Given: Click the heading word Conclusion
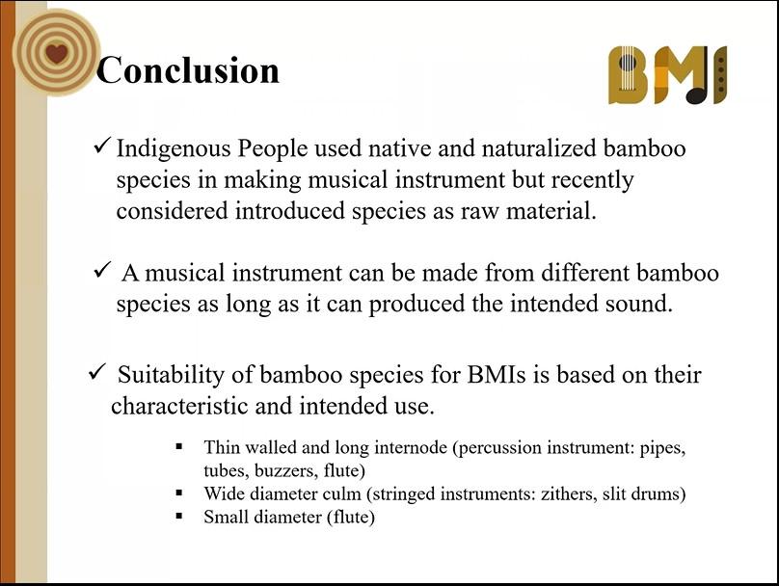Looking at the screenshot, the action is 188,70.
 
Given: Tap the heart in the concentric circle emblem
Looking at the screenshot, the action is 56,53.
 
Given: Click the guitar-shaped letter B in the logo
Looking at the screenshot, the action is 629,75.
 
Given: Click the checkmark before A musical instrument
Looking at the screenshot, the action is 102,271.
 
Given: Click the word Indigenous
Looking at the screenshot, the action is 174,149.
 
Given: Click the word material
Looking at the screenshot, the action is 551,210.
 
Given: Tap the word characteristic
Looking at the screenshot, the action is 179,406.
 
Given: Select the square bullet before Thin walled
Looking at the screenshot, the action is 179,446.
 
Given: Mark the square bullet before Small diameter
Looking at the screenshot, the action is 179,517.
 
